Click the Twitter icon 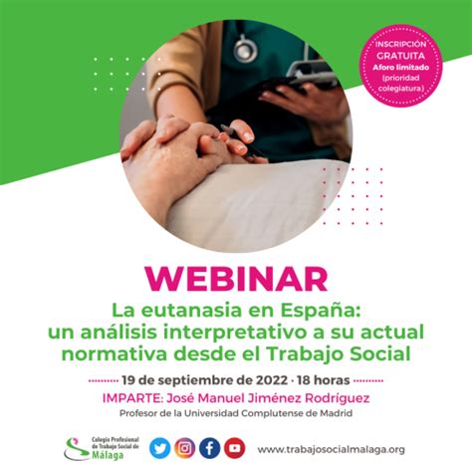coord(160,448)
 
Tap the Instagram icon coord(184,448)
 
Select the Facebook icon coord(209,448)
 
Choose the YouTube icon coord(234,448)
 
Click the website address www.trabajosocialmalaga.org coord(331,449)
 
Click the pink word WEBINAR coord(236,279)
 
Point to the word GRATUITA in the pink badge coord(400,56)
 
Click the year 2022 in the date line coord(272,380)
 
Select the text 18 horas coord(324,380)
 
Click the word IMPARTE coord(132,398)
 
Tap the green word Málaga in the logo coord(108,455)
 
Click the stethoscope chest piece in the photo coord(245,50)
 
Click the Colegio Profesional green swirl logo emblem coord(76,449)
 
